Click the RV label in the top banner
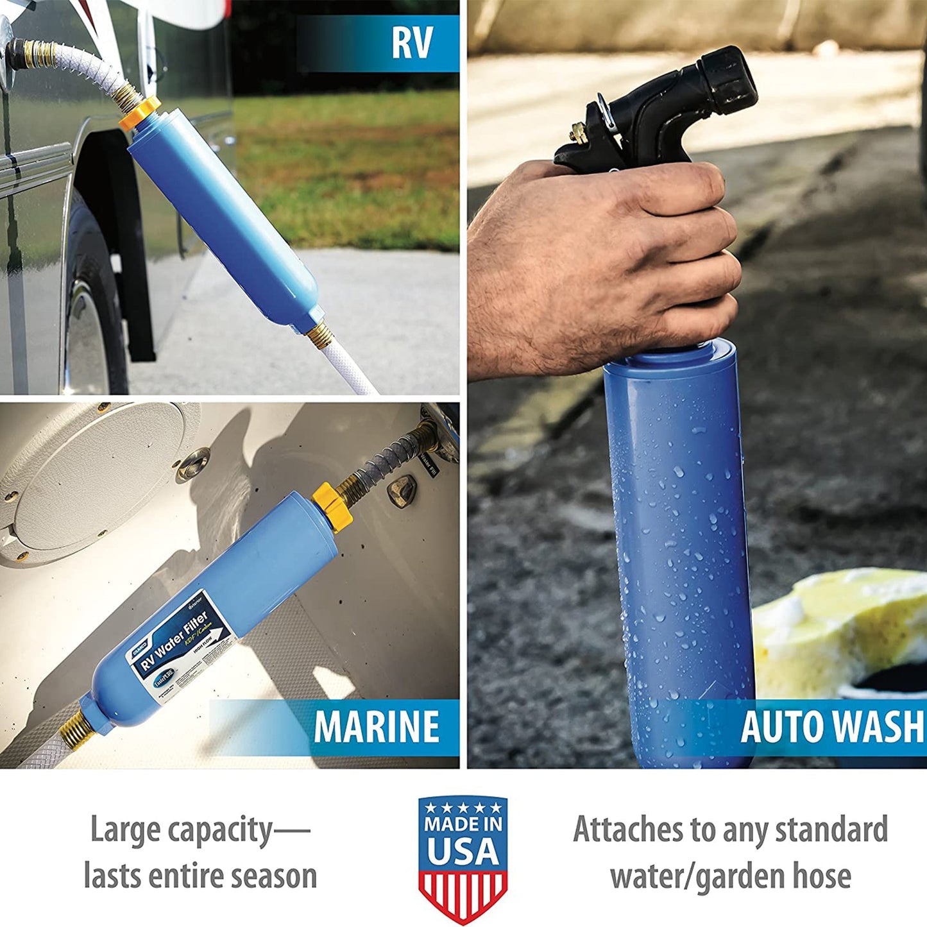click(x=412, y=43)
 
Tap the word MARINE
click(x=377, y=727)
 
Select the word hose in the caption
click(x=822, y=876)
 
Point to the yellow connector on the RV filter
click(x=141, y=112)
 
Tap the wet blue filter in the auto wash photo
click(x=680, y=545)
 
